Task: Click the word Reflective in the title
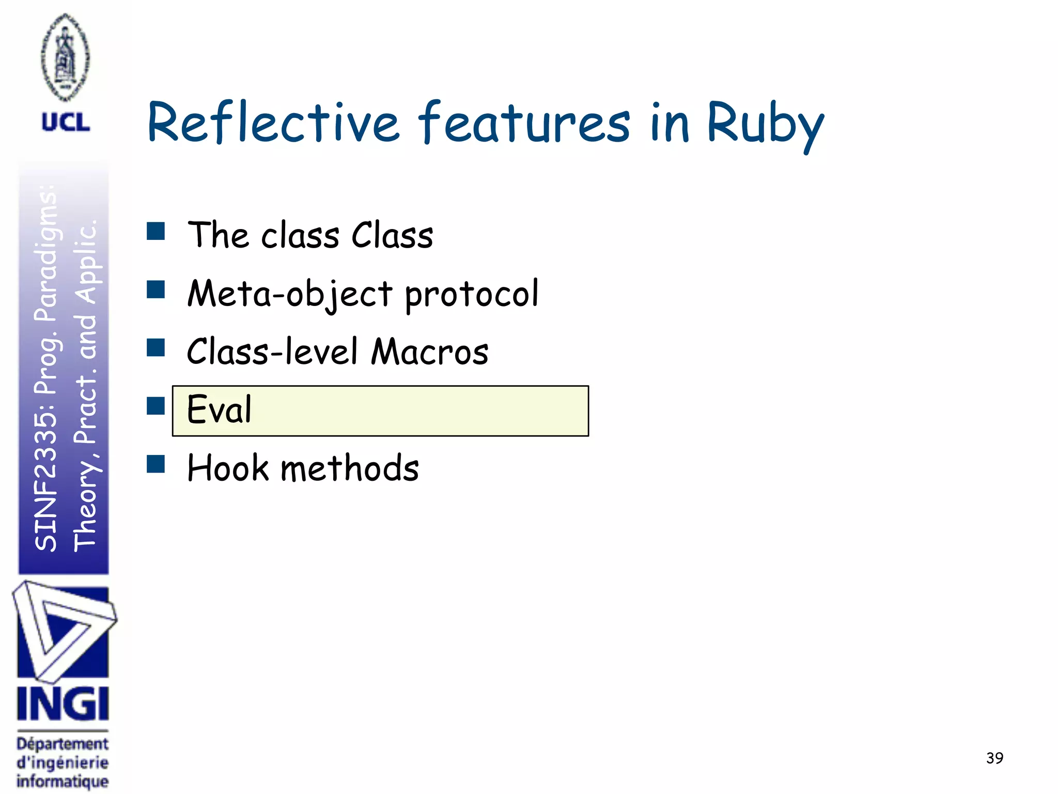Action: (274, 123)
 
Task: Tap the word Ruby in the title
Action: (765, 124)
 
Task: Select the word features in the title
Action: (524, 123)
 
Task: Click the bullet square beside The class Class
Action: (155, 232)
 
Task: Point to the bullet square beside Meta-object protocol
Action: (155, 290)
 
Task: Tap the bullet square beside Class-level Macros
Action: (155, 348)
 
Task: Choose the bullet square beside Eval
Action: (155, 406)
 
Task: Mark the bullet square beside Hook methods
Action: (155, 464)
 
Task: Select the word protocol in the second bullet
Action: (471, 294)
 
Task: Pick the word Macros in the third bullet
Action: (430, 352)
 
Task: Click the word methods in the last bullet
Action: (350, 468)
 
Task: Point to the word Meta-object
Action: (290, 294)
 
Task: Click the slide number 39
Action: (994, 758)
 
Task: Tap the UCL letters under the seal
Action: (66, 123)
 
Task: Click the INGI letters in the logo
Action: (63, 704)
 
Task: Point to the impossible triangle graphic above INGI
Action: (63, 631)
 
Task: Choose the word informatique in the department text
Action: (63, 781)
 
